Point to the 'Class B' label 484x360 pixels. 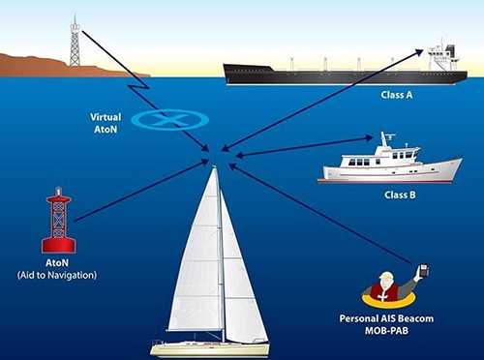click(400, 195)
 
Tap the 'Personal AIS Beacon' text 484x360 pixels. click(387, 319)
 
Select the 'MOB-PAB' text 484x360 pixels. click(387, 332)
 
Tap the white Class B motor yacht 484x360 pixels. click(387, 167)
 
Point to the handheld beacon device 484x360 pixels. click(423, 270)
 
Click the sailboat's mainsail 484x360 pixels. click(198, 261)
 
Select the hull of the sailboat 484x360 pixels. click(208, 347)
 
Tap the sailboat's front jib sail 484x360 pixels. click(238, 281)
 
